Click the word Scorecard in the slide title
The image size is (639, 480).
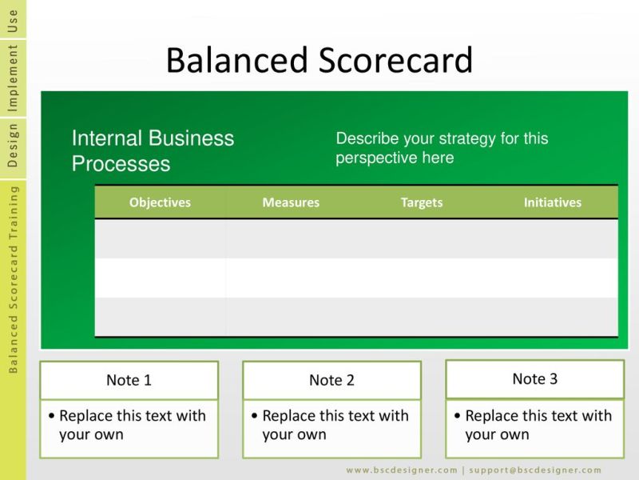(395, 60)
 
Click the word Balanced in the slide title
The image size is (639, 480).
(236, 60)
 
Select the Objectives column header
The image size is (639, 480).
(160, 202)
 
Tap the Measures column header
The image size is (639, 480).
(291, 202)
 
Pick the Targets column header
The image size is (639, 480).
(422, 203)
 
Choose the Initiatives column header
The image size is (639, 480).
(553, 202)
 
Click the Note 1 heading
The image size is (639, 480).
(129, 380)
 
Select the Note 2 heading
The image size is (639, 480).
(331, 380)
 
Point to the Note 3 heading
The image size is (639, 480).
(534, 378)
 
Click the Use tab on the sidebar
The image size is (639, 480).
(13, 21)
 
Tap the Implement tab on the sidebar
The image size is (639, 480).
(13, 78)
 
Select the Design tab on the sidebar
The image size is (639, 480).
(13, 146)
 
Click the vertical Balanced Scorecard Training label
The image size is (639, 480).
(13, 279)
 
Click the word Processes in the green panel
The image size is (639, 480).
(121, 164)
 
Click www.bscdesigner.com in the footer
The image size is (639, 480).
(402, 470)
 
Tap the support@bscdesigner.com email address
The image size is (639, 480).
(535, 470)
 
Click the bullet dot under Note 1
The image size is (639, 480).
(51, 416)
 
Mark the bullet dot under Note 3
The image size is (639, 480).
(457, 416)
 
